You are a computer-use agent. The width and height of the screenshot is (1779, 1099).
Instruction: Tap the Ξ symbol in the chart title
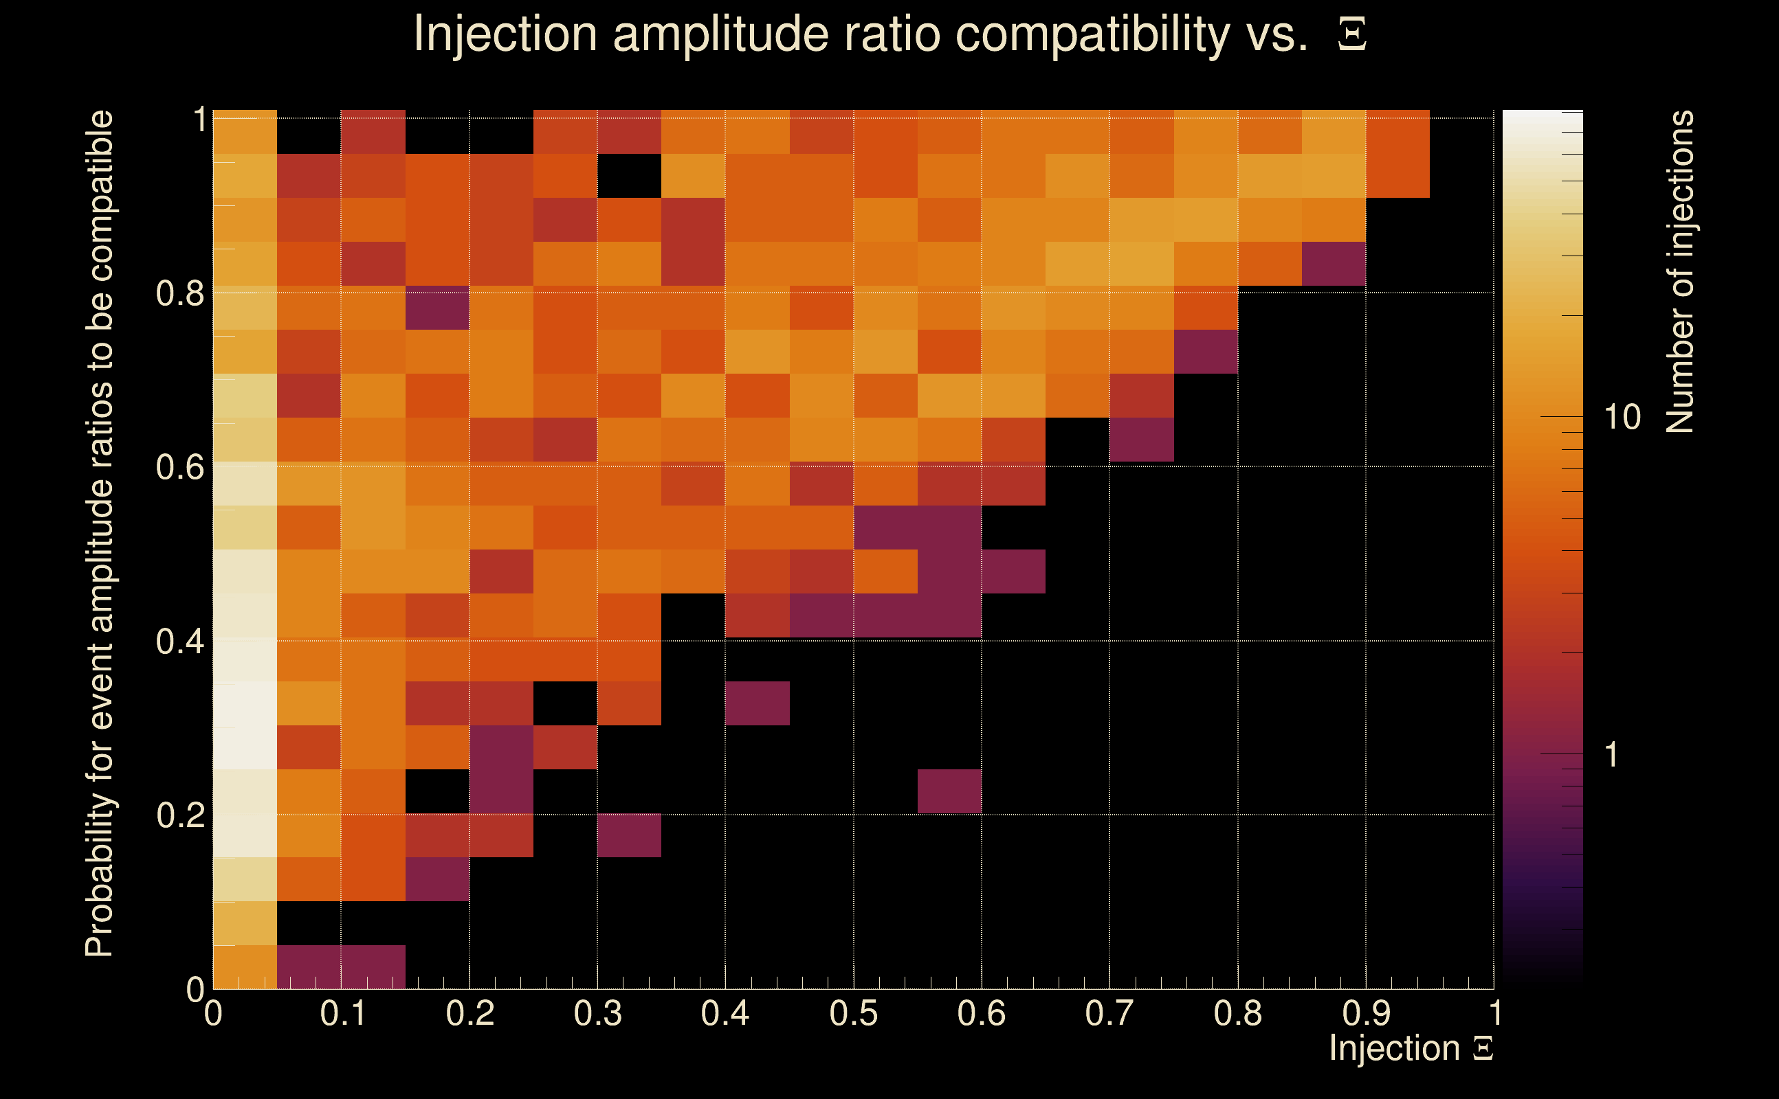(1352, 34)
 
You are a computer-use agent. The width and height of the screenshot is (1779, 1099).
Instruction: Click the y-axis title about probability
(100, 534)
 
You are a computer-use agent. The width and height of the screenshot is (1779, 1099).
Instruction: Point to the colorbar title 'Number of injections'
(1680, 272)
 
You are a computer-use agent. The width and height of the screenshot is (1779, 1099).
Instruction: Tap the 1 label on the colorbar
(1612, 755)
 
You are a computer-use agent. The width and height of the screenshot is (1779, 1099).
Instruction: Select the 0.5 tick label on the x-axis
(853, 1013)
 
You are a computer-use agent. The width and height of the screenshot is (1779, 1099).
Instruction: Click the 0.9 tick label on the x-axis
(1366, 1013)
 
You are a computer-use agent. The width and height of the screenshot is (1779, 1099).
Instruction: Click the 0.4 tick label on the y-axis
(180, 641)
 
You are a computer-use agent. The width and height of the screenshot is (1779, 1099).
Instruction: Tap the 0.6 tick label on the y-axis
(180, 467)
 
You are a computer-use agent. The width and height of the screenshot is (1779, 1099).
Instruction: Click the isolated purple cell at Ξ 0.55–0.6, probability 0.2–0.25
(949, 791)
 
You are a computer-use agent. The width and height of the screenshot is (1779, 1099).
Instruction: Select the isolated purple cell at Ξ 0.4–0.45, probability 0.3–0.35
(757, 703)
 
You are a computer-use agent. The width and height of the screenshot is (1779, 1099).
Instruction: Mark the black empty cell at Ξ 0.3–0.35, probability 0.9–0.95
(629, 176)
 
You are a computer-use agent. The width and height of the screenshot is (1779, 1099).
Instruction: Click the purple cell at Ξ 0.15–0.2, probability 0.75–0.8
(437, 308)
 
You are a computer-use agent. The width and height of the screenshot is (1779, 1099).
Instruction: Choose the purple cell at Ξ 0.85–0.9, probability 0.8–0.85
(1334, 264)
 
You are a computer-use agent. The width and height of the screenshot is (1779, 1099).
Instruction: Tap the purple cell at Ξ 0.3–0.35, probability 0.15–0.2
(629, 835)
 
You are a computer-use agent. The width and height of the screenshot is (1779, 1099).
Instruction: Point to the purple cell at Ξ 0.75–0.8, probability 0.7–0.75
(1206, 352)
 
